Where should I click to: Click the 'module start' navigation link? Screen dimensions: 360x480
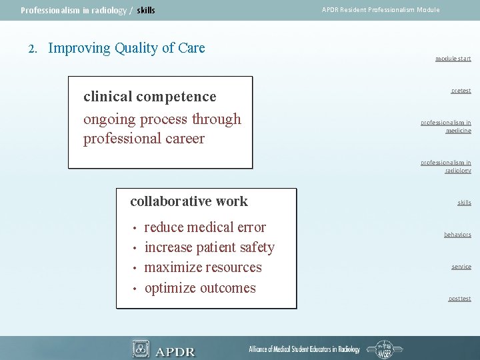click(453, 59)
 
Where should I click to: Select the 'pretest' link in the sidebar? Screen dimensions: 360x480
click(461, 91)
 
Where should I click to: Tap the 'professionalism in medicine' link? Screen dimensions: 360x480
click(445, 127)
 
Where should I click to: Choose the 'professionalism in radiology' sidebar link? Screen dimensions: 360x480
click(445, 167)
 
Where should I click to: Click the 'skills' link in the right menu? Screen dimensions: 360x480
click(464, 203)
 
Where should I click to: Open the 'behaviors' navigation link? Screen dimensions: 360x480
click(457, 235)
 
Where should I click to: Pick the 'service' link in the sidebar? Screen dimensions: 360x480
click(461, 267)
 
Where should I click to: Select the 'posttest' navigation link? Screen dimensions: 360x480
click(459, 299)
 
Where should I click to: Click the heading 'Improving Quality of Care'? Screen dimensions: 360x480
click(127, 48)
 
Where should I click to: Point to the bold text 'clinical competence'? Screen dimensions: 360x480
click(149, 97)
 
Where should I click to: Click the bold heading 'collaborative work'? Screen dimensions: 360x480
click(189, 201)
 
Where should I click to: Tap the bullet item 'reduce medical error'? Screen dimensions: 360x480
click(205, 227)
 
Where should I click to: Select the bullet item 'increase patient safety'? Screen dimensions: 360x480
click(209, 247)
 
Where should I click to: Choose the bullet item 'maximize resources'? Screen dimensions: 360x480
click(203, 267)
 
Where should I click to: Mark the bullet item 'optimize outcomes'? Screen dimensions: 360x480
click(200, 288)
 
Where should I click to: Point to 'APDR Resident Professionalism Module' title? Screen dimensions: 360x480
click(381, 10)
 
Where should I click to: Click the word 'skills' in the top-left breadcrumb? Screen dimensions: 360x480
click(145, 11)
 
